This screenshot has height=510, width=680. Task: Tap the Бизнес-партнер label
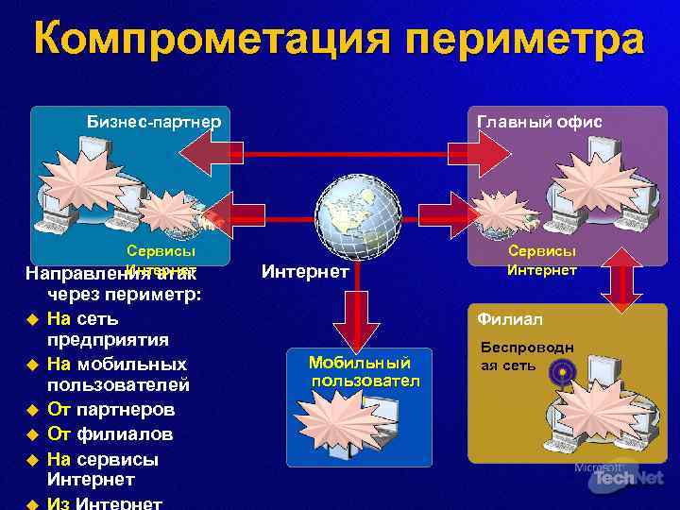[x=154, y=121]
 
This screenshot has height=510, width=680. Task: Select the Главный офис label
[x=539, y=121]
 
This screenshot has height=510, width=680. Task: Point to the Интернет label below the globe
[x=305, y=272]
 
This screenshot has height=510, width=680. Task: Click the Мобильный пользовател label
[x=360, y=371]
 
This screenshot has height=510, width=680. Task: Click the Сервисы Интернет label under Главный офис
[x=542, y=261]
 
